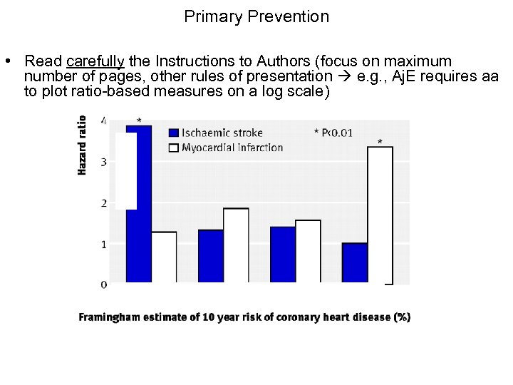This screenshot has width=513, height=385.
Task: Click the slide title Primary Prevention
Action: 256,16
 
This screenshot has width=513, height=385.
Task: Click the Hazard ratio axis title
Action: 82,145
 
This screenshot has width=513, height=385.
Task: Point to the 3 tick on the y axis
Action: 104,162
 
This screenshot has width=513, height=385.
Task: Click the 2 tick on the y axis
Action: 104,203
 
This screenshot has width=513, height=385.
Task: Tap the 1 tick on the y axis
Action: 104,244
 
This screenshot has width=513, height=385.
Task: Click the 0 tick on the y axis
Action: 104,284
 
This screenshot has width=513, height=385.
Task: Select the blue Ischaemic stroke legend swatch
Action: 172,133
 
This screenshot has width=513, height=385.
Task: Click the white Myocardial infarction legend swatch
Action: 172,148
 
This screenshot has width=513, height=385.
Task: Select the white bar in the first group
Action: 164,257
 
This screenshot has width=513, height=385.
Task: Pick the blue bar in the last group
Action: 354,263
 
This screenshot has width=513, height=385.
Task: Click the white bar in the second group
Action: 236,246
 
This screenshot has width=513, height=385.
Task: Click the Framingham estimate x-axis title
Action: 244,317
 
